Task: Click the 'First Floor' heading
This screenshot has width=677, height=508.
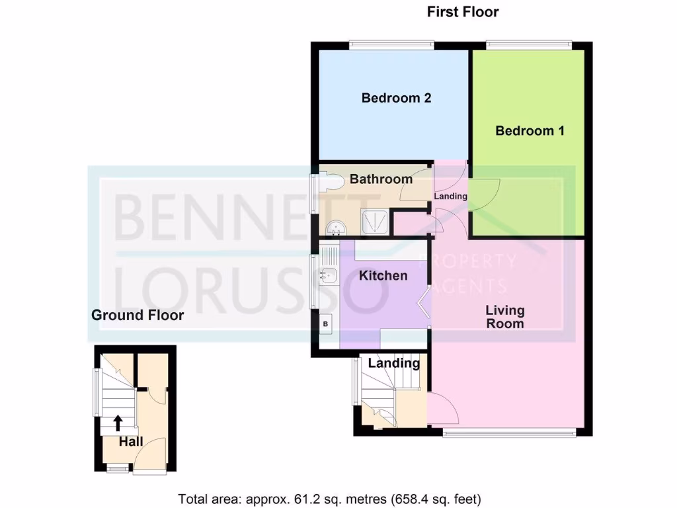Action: [x=463, y=12]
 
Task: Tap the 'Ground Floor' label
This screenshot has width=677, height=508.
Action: [x=138, y=315]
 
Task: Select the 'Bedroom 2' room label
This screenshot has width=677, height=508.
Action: [x=396, y=99]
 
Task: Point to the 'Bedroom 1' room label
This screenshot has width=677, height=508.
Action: [x=530, y=130]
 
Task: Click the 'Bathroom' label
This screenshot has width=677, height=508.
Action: [x=381, y=179]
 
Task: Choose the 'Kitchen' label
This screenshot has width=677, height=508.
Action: [x=383, y=275]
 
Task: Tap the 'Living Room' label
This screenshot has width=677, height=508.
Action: [x=505, y=316]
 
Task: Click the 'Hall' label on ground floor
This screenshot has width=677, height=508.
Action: [x=131, y=441]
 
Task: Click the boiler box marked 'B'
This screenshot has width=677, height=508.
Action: [x=325, y=324]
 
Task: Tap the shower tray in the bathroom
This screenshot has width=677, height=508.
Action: [x=376, y=223]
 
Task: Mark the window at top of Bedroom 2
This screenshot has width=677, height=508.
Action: [x=391, y=45]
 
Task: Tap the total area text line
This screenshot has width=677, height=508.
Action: [x=329, y=498]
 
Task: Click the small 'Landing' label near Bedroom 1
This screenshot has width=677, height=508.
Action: [x=451, y=196]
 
